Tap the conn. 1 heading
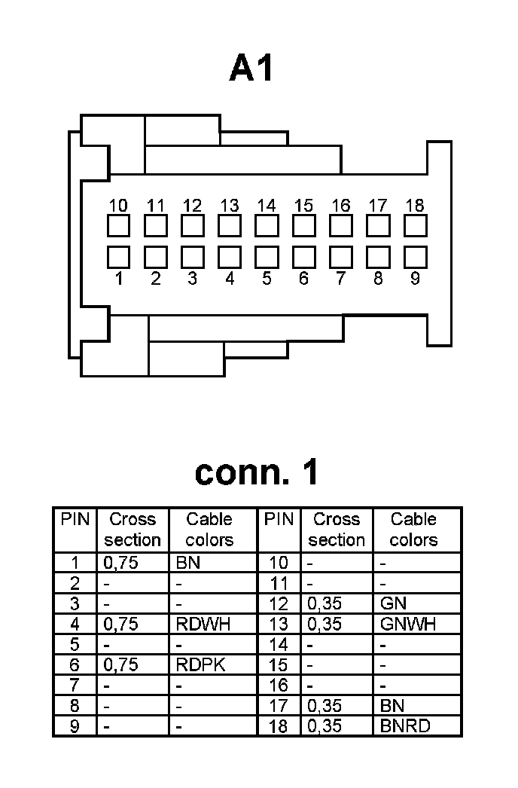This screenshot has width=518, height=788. [257, 472]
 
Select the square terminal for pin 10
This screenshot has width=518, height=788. [118, 225]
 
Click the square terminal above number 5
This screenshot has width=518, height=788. [267, 257]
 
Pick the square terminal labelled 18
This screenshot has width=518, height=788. [415, 225]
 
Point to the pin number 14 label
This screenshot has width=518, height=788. [267, 206]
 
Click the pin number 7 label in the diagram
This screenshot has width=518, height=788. [341, 279]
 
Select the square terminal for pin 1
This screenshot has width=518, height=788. [118, 257]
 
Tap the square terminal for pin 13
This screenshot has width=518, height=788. [230, 225]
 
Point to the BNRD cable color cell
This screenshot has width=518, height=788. [410, 727]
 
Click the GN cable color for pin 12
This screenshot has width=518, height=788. [394, 603]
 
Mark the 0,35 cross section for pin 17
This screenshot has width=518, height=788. [325, 706]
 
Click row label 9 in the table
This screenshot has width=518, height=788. [75, 727]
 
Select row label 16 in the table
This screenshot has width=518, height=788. [279, 686]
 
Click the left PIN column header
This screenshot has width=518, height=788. [75, 519]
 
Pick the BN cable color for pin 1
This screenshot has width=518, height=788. [187, 562]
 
